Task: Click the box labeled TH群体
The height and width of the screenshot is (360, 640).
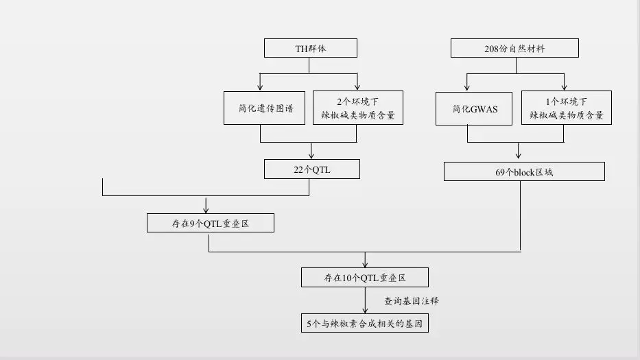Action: (x=311, y=48)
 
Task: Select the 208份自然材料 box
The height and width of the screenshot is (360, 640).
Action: (x=514, y=48)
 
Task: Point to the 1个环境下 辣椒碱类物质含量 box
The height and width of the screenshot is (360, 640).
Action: (x=566, y=108)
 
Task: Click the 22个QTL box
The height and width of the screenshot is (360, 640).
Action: (x=312, y=169)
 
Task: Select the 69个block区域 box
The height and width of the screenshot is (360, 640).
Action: (x=524, y=171)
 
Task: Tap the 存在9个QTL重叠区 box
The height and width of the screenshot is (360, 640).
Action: (x=210, y=223)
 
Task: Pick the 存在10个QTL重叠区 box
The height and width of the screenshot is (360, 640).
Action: (x=365, y=278)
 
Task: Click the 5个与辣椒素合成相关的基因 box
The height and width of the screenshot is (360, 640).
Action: (x=365, y=323)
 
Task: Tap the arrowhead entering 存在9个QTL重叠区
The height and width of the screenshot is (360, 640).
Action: (x=206, y=209)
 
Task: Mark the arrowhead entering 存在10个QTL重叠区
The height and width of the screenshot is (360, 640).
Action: (x=365, y=264)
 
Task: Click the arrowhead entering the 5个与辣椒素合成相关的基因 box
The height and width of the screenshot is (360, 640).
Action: (x=365, y=310)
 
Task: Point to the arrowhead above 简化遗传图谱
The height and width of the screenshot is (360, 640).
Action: (x=260, y=86)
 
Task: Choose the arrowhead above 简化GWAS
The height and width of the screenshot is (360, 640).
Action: (x=468, y=86)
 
